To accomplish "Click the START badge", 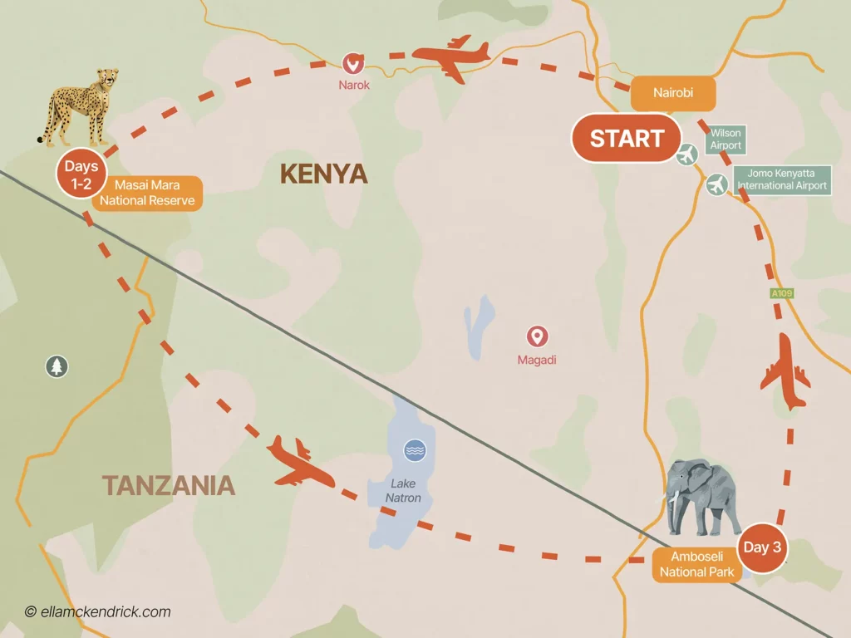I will (627, 138).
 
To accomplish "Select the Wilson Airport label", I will (725, 139).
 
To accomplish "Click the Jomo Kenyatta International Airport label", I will (781, 179).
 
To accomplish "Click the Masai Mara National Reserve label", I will (147, 193).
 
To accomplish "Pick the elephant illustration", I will (704, 498).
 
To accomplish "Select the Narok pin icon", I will (353, 63).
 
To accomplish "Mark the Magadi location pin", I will (538, 336).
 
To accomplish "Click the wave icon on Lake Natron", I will (413, 451).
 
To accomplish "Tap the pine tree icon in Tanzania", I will (57, 366).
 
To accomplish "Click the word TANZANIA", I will (169, 484).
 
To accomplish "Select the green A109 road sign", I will (782, 293).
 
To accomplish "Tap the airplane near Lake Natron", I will (299, 463).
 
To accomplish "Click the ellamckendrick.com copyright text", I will (97, 612).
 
